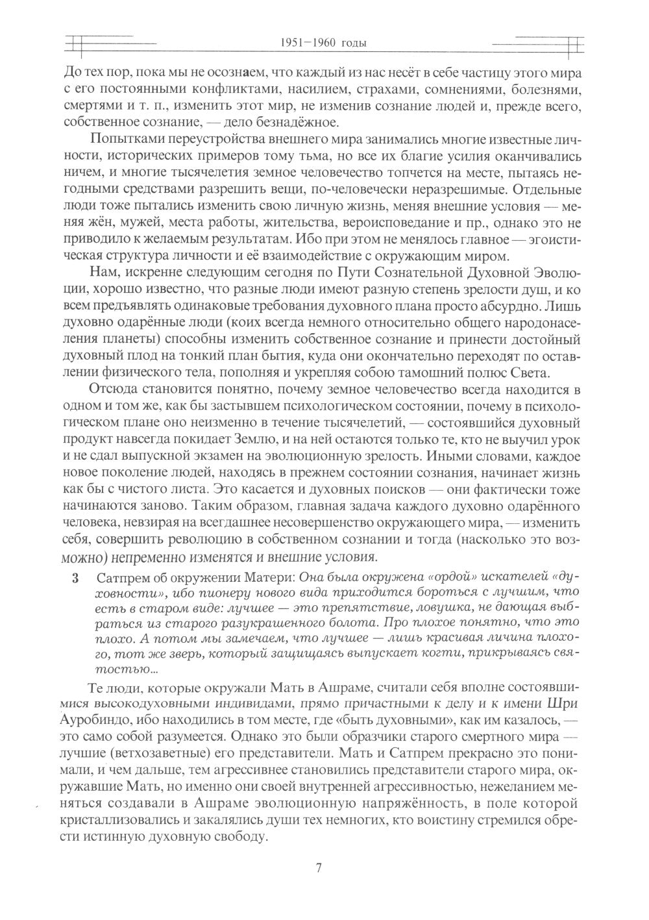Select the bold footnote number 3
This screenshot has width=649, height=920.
click(76, 578)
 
